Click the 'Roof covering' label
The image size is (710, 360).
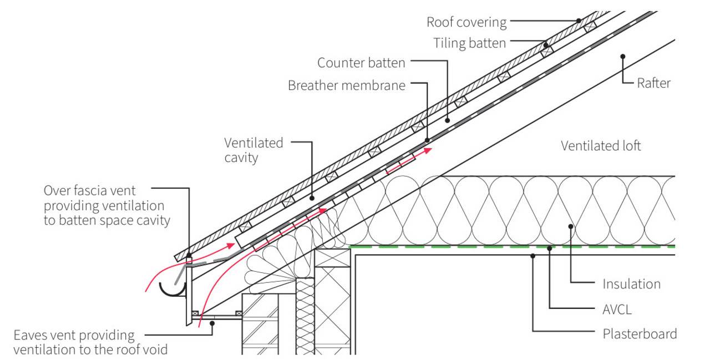point(466,22)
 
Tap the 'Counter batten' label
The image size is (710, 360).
point(361,63)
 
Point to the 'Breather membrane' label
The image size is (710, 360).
point(347,85)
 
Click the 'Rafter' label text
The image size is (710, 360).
point(653,83)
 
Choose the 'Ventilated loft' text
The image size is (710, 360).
point(601,146)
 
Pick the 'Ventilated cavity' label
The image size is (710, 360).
point(253,150)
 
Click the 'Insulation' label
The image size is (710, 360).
point(631,284)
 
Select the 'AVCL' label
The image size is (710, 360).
point(617,309)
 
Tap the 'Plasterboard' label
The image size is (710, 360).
point(640,334)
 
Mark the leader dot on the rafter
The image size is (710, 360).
point(623,56)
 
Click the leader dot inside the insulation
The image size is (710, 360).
point(571,225)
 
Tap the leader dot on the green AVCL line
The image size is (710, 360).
point(549,247)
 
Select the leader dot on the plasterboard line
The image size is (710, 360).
point(532,256)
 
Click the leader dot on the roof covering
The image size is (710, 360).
point(578,21)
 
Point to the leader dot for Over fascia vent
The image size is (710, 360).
point(189,255)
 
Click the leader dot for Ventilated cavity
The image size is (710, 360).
point(312,197)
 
